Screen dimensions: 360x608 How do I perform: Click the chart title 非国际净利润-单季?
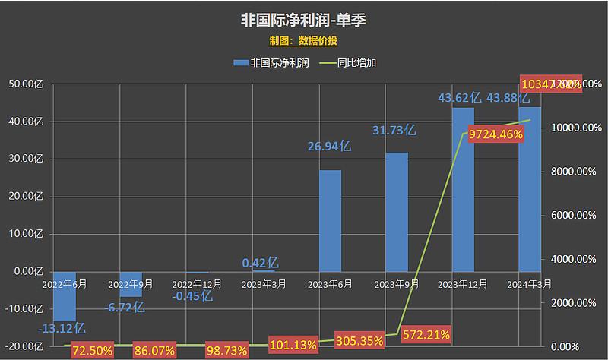click(303, 17)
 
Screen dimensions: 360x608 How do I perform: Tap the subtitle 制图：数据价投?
click(303, 40)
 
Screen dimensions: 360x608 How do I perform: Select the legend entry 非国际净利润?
click(271, 63)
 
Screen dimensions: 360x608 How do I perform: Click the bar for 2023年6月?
click(330, 220)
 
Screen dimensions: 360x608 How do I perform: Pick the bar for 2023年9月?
click(397, 212)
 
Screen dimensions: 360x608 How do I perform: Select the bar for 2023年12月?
click(463, 189)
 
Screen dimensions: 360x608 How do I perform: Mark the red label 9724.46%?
click(496, 134)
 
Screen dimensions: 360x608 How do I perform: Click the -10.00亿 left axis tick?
click(28, 309)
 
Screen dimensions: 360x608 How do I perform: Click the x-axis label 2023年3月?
click(264, 283)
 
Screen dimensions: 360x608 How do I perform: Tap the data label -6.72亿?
click(123, 308)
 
